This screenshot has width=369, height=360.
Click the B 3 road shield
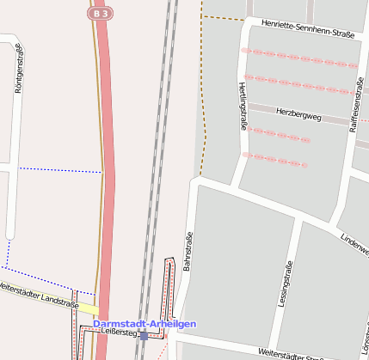[100, 14]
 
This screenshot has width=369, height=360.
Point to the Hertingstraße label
[243, 106]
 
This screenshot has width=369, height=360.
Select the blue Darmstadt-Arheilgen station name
[151, 323]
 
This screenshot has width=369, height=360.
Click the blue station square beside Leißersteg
[144, 336]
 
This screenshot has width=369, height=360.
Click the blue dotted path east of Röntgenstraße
[60, 170]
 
